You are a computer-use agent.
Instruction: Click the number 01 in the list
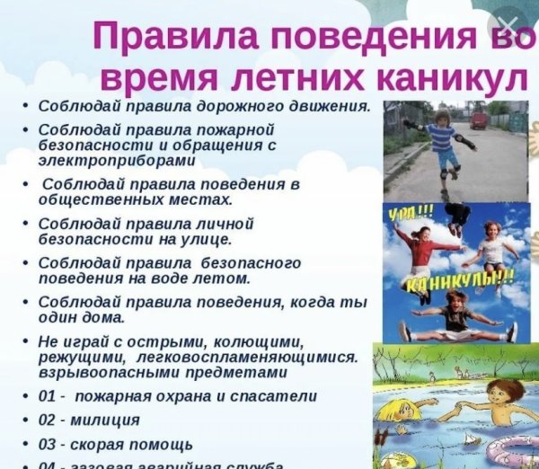point(49,396)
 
